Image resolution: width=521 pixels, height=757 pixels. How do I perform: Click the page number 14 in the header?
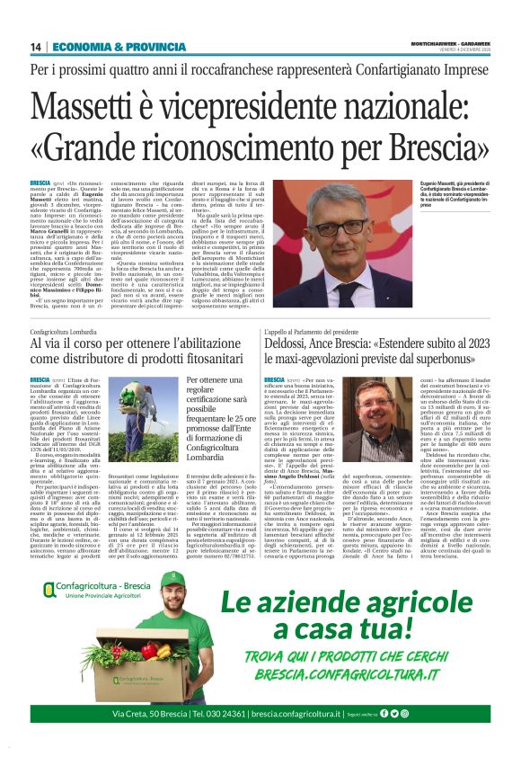point(35,47)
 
